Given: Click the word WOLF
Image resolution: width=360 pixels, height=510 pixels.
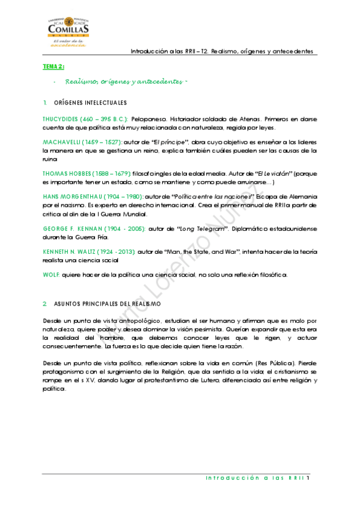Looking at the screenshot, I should (50, 275).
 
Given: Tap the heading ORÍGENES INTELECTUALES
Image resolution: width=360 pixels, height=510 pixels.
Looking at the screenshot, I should (90, 102).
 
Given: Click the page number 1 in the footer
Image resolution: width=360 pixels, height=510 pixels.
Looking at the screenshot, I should (307, 479).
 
